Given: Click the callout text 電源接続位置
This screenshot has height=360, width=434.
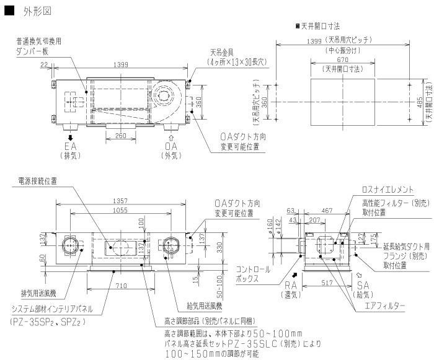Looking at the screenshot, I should click(x=38, y=181).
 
